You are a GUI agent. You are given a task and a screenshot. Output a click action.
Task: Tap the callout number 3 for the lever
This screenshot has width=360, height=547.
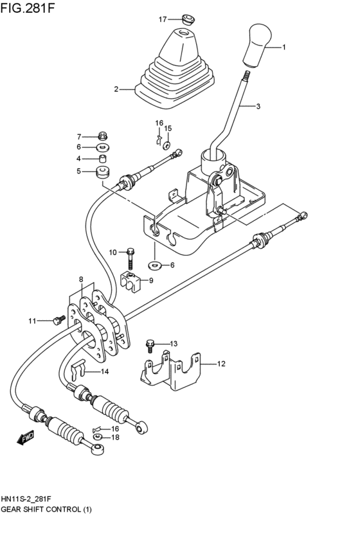point(258,107)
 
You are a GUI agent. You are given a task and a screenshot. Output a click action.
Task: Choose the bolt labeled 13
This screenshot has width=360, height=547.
point(151,345)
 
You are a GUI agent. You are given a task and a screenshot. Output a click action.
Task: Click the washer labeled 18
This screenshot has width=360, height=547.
point(98,437)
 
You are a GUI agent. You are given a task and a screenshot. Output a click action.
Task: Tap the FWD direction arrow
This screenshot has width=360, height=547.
point(26,438)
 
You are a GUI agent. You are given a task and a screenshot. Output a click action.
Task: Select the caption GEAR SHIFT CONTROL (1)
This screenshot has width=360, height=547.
point(47,509)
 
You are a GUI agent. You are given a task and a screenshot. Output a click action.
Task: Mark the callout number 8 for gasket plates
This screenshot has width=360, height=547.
point(81,279)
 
